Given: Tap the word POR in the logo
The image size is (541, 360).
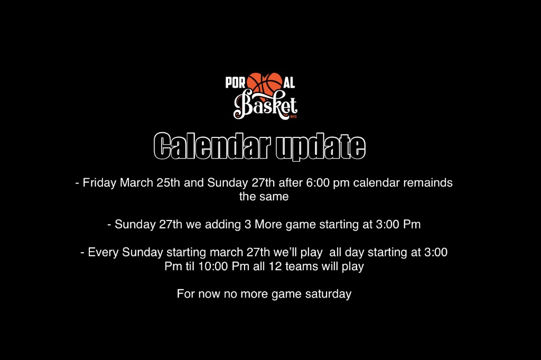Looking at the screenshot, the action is (235, 83).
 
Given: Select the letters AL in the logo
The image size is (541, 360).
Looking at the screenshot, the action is (289, 83).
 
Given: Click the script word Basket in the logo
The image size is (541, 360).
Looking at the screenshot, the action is (265, 105).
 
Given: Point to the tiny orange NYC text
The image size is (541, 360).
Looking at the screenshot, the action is (294, 117).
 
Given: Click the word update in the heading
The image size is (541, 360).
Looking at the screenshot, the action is (320, 146).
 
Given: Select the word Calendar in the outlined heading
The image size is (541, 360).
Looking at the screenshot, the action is (212, 146).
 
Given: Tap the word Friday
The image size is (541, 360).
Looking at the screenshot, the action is (99, 182).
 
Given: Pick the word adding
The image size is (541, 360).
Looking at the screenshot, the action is (223, 225).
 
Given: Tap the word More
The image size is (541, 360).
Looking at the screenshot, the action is (268, 224).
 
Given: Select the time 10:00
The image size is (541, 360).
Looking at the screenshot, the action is (213, 266).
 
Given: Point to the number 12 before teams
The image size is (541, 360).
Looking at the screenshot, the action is (275, 266).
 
